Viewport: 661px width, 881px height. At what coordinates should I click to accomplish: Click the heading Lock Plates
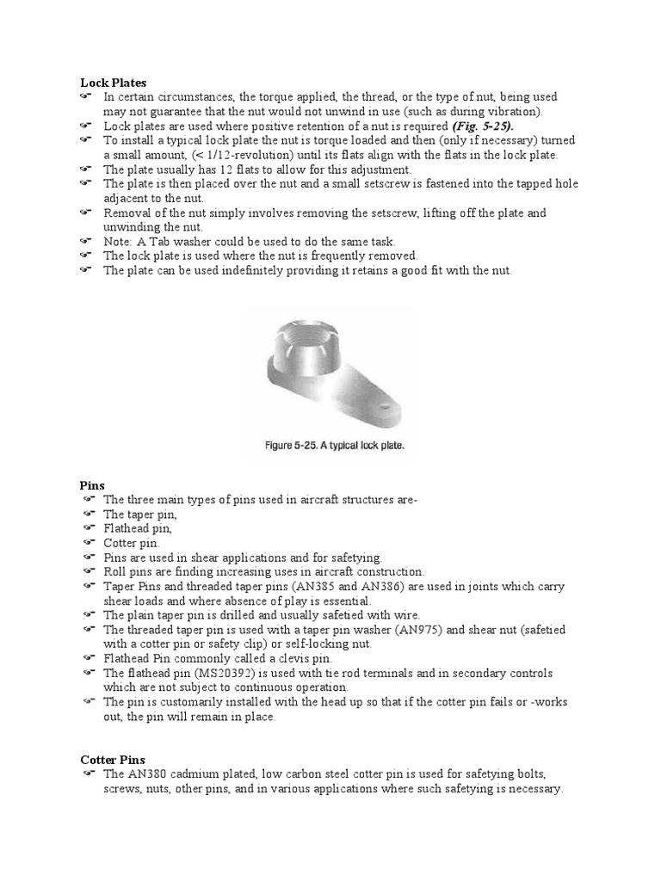(108, 83)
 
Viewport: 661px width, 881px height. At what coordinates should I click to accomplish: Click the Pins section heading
(92, 485)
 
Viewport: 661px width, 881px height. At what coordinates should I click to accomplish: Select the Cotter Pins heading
(113, 761)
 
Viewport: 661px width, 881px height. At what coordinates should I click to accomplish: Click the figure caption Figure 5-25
(332, 447)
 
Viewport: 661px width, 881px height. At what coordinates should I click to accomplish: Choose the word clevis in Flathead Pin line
(286, 658)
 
